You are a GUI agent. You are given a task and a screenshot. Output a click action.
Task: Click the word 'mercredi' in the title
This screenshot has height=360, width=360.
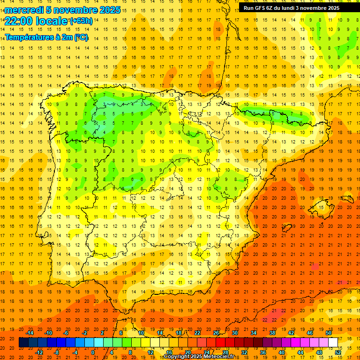tap(24, 10)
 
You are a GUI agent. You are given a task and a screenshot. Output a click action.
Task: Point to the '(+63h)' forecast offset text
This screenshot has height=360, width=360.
tap(81, 21)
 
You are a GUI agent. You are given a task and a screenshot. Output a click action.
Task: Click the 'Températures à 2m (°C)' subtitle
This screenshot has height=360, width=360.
tap(46, 37)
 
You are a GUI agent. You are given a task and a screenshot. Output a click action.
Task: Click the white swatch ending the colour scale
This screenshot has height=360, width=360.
tap(333, 343)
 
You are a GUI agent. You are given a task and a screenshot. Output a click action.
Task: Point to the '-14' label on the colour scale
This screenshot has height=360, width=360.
tap(30, 333)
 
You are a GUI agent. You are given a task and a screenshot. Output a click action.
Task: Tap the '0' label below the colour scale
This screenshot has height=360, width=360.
tap(93, 352)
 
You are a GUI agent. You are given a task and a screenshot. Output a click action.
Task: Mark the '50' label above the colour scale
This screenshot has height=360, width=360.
tap(329, 333)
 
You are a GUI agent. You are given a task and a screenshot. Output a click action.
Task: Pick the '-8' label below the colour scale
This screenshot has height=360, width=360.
tap(57, 352)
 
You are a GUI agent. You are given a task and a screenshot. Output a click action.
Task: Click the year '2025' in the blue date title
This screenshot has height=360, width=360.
tap(107, 10)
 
